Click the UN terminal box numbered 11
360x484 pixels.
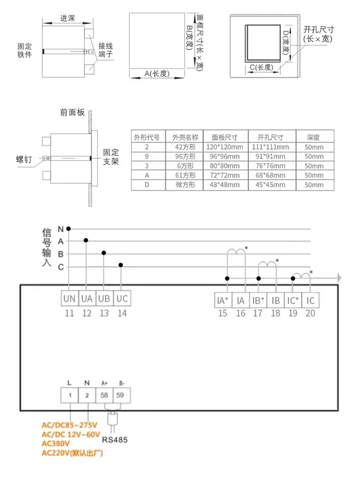(70, 298)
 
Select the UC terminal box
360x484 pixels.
(122, 298)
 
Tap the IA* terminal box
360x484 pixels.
(223, 300)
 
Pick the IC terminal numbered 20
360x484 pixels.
(310, 300)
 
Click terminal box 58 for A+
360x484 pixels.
(104, 395)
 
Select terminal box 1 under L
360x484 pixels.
(70, 395)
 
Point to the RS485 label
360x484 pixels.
(115, 440)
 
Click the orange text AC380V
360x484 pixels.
(56, 444)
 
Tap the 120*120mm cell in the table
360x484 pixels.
(225, 147)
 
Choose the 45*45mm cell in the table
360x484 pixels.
(271, 185)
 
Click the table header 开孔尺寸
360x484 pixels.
(271, 137)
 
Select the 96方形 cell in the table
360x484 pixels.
(185, 156)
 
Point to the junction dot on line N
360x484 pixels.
(69, 229)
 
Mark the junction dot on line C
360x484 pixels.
(121, 265)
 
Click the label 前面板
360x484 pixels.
(72, 112)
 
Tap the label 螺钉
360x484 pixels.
(24, 159)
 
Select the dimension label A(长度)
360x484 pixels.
(157, 73)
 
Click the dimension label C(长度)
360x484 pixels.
(262, 67)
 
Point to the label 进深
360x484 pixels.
(68, 18)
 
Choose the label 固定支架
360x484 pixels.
(111, 157)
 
